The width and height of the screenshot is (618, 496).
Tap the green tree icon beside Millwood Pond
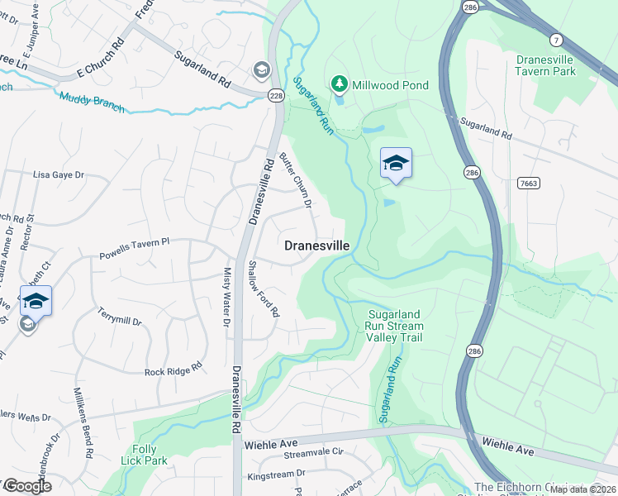338,83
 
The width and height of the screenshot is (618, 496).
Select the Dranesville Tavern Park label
557,66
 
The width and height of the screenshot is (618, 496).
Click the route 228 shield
275,96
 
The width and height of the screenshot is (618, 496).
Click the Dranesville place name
317,246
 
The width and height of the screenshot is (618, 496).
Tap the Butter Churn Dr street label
296,181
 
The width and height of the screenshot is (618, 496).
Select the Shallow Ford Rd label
264,289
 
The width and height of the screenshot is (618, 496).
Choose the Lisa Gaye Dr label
59,175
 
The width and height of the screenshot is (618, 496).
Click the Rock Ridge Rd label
174,371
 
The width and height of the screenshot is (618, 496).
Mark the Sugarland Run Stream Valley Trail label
395,326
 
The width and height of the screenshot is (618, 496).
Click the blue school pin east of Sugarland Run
396,163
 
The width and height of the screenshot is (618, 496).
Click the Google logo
27,486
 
